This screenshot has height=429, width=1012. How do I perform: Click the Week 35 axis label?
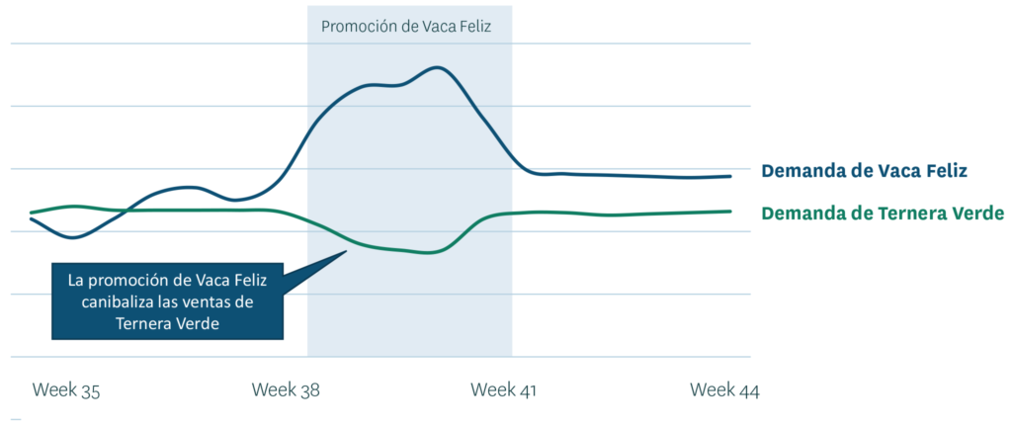click(x=66, y=390)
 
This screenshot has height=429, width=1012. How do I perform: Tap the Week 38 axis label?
click(x=287, y=390)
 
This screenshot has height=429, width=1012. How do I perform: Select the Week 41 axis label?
click(x=504, y=390)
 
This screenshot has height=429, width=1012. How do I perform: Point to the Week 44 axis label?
click(x=724, y=390)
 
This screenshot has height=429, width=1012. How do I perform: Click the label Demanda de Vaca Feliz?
click(x=864, y=171)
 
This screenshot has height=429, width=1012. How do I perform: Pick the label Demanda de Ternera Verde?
click(x=883, y=213)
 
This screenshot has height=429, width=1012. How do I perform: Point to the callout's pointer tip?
click(x=346, y=251)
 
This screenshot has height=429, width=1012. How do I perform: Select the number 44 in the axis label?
click(x=747, y=390)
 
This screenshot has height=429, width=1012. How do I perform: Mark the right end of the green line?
click(x=730, y=211)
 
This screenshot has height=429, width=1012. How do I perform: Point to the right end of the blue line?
click(x=730, y=176)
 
